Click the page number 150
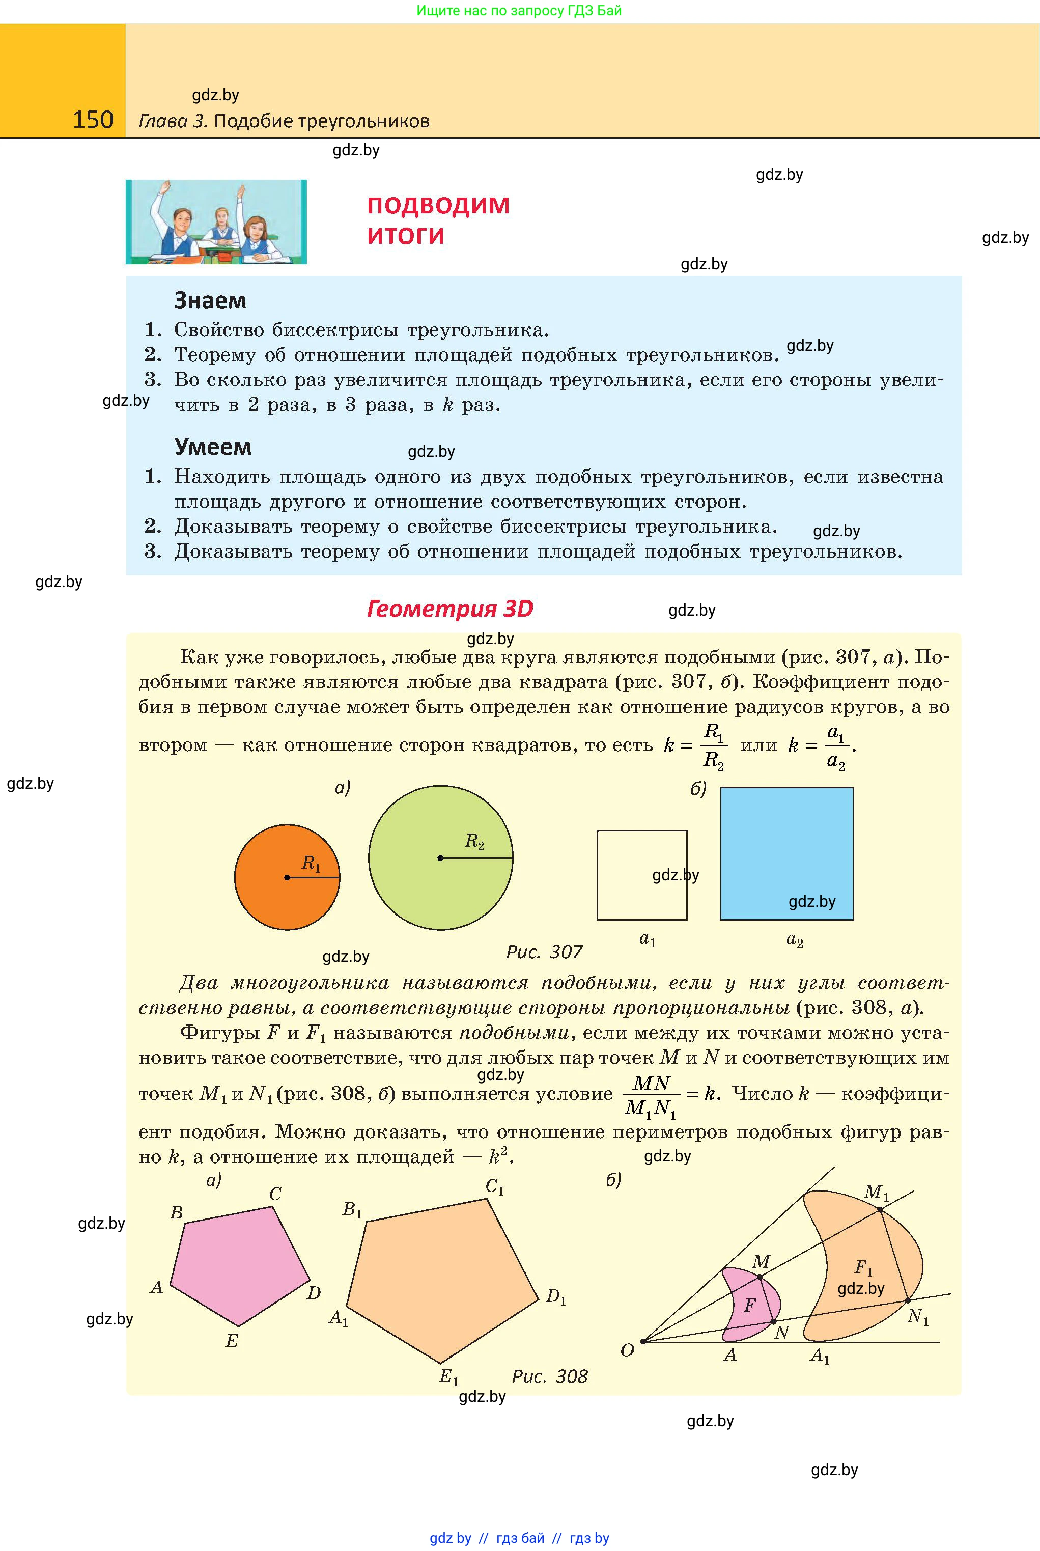point(93,120)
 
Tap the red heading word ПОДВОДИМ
point(438,206)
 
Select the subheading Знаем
point(210,300)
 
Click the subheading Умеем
point(212,447)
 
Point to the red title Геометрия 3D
point(449,608)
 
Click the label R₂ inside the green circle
point(474,841)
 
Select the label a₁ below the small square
point(648,939)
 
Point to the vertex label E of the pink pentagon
point(232,1341)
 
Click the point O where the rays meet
point(643,1341)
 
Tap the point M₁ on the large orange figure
point(880,1209)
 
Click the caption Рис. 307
point(544,952)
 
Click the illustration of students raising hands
point(216,221)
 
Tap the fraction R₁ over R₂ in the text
point(714,745)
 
